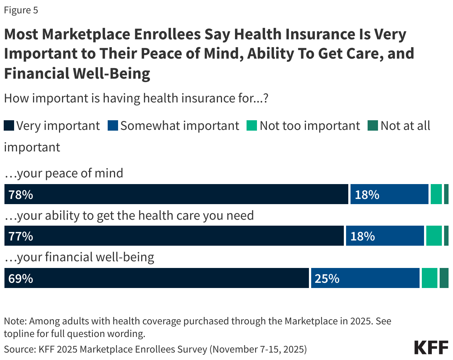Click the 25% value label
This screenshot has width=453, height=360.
tap(327, 278)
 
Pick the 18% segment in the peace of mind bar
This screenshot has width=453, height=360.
tap(389, 194)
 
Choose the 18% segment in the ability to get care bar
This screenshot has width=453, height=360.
tap(385, 236)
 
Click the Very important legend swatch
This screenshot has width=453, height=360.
tap(9, 126)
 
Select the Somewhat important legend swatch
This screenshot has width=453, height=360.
tap(113, 126)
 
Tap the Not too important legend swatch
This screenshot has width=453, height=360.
tap(252, 126)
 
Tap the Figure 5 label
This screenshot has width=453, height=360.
tap(21, 10)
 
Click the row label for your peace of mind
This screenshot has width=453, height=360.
tap(63, 173)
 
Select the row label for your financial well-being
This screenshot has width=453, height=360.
tap(79, 257)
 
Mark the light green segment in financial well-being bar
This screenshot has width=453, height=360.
tap(429, 278)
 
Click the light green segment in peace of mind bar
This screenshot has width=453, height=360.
tap(436, 194)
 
